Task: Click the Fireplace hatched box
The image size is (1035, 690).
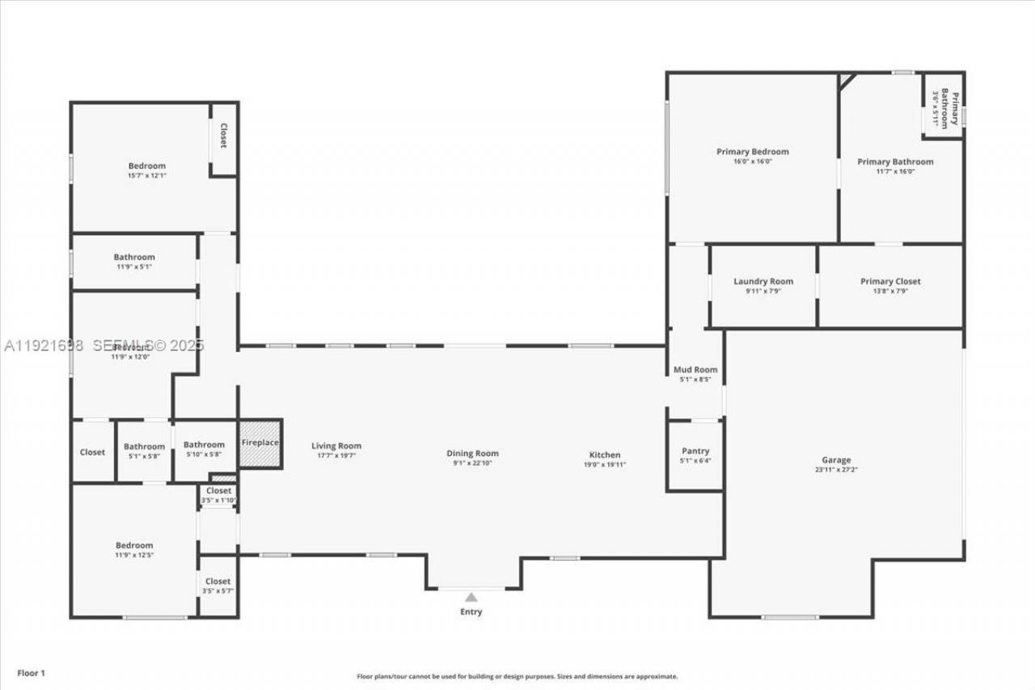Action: (260, 443)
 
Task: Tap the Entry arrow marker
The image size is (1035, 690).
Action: (471, 597)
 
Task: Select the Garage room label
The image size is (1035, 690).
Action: (836, 460)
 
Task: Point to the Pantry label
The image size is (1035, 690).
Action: (695, 451)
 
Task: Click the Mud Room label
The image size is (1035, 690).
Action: (695, 370)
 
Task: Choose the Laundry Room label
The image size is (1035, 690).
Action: (763, 282)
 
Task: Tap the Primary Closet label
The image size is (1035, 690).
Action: (890, 282)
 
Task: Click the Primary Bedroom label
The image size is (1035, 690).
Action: (752, 151)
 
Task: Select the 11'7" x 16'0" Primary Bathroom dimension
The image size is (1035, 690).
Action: (895, 171)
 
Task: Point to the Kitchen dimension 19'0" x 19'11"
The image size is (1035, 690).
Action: (605, 464)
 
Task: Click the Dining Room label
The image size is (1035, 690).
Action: (473, 454)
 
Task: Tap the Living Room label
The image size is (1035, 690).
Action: (336, 446)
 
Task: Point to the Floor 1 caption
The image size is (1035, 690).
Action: (32, 672)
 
